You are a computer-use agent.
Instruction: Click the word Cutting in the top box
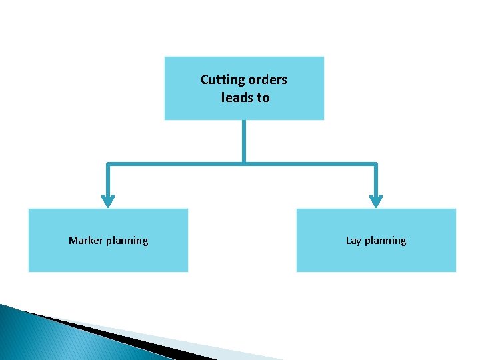coord(223,80)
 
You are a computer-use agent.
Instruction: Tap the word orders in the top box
coord(267,80)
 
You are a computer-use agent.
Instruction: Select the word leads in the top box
coord(235,97)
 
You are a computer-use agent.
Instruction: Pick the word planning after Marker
coord(128,241)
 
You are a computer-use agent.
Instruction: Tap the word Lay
coord(354,240)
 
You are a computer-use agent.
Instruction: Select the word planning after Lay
coord(385,241)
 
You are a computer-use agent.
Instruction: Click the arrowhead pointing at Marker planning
coord(108,200)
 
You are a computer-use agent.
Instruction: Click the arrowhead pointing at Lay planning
coord(376,200)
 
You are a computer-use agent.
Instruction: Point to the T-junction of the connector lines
coord(244,163)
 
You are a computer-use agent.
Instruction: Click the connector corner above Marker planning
coord(108,163)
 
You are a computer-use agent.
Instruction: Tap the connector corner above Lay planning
coord(376,163)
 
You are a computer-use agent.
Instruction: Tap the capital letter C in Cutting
coord(205,80)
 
